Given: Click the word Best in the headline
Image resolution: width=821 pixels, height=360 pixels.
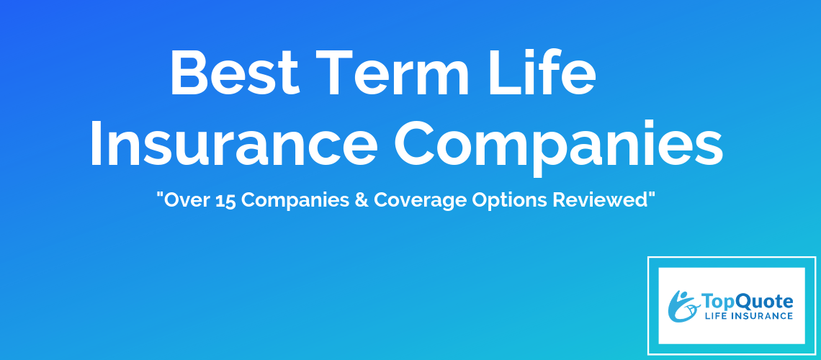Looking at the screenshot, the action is click(x=235, y=73).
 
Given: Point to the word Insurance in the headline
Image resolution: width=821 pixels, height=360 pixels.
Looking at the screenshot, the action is click(x=233, y=143).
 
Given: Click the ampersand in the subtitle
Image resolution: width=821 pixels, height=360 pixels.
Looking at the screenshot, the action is click(x=362, y=200).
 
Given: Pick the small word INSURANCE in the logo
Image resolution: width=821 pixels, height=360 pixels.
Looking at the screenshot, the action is click(x=760, y=316).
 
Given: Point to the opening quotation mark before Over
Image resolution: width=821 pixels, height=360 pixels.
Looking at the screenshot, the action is click(x=160, y=195).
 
